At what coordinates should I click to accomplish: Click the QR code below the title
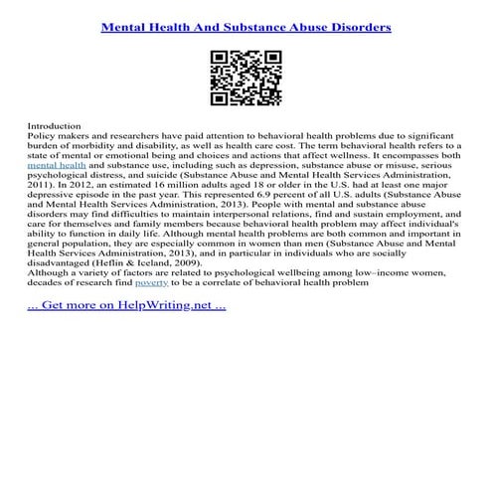click(246, 78)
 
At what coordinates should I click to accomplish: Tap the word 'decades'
click(50, 281)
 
